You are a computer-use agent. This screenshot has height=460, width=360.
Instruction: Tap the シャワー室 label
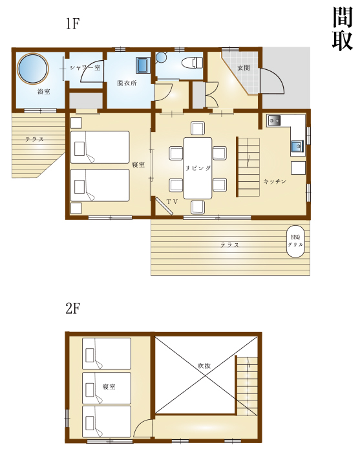pyautogui.click(x=85, y=68)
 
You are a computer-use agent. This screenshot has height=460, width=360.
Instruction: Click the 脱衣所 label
pyautogui.click(x=127, y=83)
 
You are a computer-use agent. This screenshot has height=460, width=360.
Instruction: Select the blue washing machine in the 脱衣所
pyautogui.click(x=143, y=65)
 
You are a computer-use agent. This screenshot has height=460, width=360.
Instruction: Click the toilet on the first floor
pyautogui.click(x=192, y=63)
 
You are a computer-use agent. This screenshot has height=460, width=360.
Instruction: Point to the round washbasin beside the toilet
pyautogui.click(x=161, y=58)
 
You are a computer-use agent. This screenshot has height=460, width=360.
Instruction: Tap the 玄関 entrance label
pyautogui.click(x=243, y=68)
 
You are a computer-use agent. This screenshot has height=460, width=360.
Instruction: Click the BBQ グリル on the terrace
pyautogui.click(x=295, y=241)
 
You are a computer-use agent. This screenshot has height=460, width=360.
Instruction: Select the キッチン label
pyautogui.click(x=275, y=181)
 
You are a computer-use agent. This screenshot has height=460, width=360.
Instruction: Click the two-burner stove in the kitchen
pyautogui.click(x=274, y=120)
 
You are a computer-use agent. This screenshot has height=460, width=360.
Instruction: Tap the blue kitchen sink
pyautogui.click(x=297, y=145)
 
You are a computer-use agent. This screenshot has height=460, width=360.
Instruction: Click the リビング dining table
pyautogui.click(x=198, y=168)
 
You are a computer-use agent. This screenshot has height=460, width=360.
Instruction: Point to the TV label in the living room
pyautogui.click(x=173, y=202)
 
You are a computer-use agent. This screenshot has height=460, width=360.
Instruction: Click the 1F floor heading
pyautogui.click(x=72, y=23)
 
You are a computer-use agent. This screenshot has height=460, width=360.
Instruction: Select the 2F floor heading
pyautogui.click(x=72, y=309)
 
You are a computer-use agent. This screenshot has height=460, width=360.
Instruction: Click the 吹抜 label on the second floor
pyautogui.click(x=204, y=366)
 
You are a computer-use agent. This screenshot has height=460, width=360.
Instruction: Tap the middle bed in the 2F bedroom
pyautogui.click(x=107, y=388)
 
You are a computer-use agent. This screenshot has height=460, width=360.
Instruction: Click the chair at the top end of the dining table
pyautogui.click(x=198, y=128)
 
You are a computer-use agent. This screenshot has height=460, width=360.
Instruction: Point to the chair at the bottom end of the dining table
pyautogui.click(x=198, y=207)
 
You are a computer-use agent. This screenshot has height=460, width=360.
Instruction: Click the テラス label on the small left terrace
pyautogui.click(x=34, y=139)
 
